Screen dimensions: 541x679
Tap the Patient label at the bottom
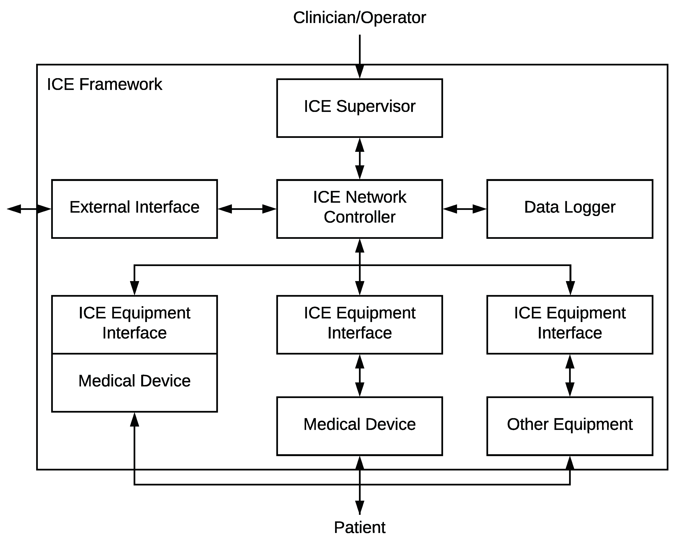359,527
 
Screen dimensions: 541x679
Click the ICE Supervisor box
359,108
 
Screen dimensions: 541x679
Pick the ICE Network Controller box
359,209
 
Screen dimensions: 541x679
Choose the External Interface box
134,209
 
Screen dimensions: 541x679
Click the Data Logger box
569,209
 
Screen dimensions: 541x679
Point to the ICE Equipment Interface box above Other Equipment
569,324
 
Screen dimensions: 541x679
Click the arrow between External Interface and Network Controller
247,209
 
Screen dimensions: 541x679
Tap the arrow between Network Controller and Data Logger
464,209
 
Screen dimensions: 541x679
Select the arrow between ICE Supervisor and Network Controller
360,159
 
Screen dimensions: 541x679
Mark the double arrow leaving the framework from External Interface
28,209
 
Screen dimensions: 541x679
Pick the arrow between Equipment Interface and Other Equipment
570,375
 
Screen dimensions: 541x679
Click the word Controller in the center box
359,217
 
